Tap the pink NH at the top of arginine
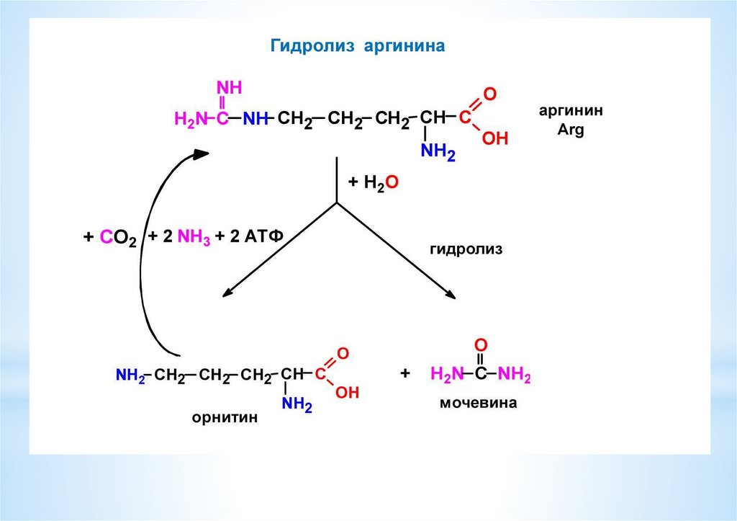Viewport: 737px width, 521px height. click(230, 88)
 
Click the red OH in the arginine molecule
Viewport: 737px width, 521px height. click(495, 138)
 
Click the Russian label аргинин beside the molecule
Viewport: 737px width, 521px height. click(571, 112)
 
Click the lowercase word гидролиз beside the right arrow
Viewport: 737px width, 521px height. click(466, 250)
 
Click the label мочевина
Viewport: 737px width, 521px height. click(479, 404)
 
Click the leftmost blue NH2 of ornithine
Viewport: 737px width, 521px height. click(129, 375)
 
